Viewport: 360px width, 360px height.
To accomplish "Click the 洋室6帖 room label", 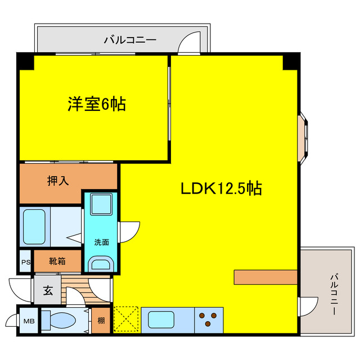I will pos(97,104).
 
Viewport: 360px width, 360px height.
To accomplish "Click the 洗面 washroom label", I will pos(101,242).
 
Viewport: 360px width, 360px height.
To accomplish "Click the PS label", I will pos(25,262).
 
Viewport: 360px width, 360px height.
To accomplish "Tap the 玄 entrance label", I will pos(48,291).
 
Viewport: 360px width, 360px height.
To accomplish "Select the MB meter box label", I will pos(28,321).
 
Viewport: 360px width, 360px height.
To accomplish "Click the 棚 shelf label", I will pos(101,321).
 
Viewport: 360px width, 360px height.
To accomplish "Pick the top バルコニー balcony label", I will pos(130,40).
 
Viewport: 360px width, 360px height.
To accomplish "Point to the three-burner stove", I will pos(209,321).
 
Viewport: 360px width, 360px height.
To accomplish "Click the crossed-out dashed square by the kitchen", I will pos(127,321).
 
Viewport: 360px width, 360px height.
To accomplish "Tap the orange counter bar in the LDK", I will pos(265,277).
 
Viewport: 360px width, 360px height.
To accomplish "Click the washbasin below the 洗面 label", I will pos(101,262).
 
